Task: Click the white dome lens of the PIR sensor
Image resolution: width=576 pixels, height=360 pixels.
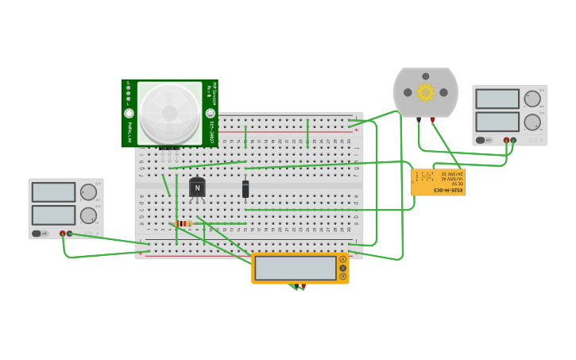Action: point(169,113)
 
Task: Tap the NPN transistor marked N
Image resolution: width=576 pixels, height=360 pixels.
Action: point(197,188)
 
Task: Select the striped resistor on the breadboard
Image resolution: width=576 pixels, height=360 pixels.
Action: point(183,224)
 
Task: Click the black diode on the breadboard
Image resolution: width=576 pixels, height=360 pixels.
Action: point(245,188)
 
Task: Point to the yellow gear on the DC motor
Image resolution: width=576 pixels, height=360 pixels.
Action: point(426,92)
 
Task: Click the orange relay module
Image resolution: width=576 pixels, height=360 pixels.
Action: point(438,182)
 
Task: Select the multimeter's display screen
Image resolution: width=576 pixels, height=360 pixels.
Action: point(296,268)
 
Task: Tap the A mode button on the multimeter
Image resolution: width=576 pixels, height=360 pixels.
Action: point(343,259)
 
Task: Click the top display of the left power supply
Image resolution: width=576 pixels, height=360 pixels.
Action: point(53,192)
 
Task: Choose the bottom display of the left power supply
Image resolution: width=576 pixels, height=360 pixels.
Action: point(53,215)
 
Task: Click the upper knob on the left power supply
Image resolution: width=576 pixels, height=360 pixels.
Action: point(88,192)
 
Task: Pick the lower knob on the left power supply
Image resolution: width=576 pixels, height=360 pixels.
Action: point(88,215)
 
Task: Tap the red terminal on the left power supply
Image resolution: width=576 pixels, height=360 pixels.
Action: point(62,234)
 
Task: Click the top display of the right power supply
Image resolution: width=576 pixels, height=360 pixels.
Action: point(497,99)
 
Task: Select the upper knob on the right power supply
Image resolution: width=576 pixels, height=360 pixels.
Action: point(532,99)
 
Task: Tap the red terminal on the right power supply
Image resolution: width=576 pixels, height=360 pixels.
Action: point(506,141)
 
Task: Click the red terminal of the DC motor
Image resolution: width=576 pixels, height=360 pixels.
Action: point(432,120)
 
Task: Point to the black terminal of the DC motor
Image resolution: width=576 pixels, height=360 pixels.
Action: point(419,120)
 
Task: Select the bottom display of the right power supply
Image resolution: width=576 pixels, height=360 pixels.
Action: point(497,122)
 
